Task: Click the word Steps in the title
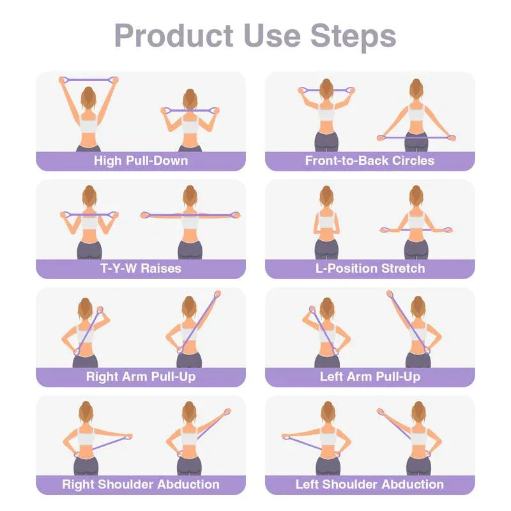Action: [353, 36]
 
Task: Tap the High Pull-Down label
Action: [141, 160]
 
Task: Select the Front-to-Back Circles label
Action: [370, 160]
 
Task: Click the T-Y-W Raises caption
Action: [141, 268]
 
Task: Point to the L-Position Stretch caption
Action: [370, 268]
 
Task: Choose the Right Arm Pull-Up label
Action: [141, 376]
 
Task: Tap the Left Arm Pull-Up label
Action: [370, 376]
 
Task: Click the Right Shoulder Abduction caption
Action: [141, 484]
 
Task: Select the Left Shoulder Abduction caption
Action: [370, 484]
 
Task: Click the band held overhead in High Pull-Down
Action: [89, 79]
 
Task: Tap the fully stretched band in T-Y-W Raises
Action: [189, 215]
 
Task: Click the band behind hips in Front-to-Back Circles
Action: [416, 137]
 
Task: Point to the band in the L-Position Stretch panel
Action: [416, 229]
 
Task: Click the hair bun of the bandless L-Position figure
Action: [326, 190]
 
